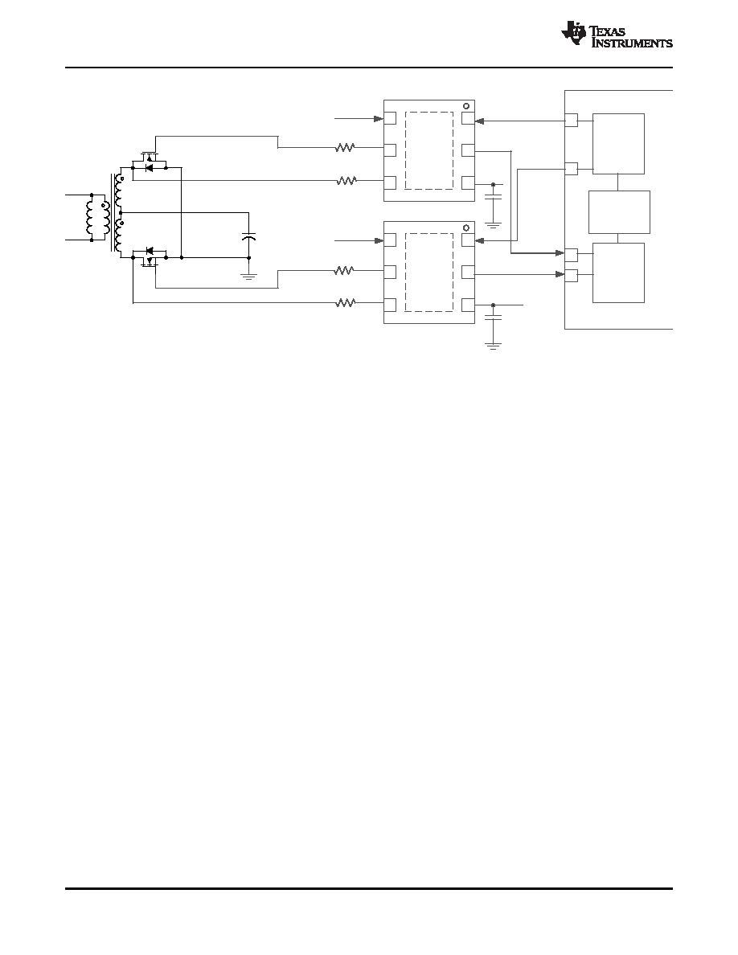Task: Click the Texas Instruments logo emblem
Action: pyautogui.click(x=573, y=33)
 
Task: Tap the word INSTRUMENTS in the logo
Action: pyautogui.click(x=633, y=43)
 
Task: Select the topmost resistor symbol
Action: pyautogui.click(x=346, y=147)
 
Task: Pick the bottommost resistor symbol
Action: pyautogui.click(x=346, y=303)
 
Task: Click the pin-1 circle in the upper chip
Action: pyautogui.click(x=467, y=106)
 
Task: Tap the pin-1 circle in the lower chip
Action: pyautogui.click(x=467, y=227)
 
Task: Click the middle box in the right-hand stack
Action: pyautogui.click(x=619, y=212)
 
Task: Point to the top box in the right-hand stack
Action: pyautogui.click(x=619, y=144)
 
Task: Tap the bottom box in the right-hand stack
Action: pyautogui.click(x=619, y=273)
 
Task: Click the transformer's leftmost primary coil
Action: pyautogui.click(x=92, y=217)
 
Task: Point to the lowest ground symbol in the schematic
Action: pyautogui.click(x=494, y=346)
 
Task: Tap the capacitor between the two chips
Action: pyautogui.click(x=494, y=197)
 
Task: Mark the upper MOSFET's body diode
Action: pyautogui.click(x=150, y=167)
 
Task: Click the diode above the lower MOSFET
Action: pyautogui.click(x=150, y=250)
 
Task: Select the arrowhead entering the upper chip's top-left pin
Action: pyautogui.click(x=379, y=119)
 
